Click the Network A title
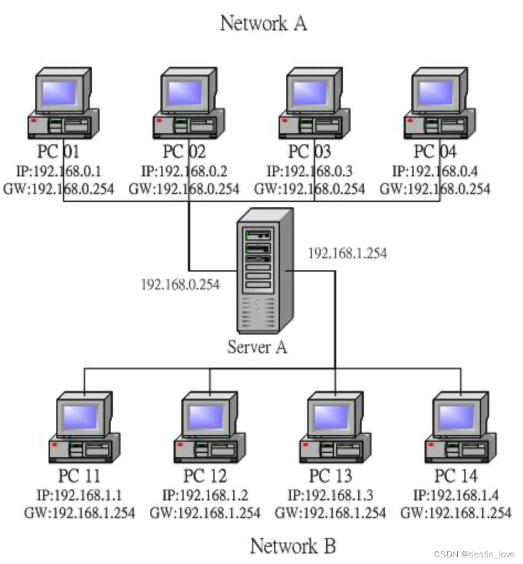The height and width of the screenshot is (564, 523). click(x=263, y=24)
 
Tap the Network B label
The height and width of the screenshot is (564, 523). click(x=293, y=546)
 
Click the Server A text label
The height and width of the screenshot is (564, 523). click(x=257, y=347)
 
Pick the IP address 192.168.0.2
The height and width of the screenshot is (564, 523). click(x=185, y=171)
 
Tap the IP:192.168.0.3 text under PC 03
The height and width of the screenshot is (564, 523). click(x=310, y=171)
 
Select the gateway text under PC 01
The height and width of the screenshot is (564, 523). click(x=59, y=189)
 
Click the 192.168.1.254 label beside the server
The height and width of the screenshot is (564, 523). click(x=347, y=253)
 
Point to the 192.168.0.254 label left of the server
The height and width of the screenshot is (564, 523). click(x=180, y=284)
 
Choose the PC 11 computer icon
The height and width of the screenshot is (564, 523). click(x=84, y=426)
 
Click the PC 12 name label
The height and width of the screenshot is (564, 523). click(x=205, y=476)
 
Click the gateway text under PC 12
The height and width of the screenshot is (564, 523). click(x=205, y=513)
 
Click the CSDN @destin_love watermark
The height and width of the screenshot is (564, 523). click(x=474, y=554)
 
